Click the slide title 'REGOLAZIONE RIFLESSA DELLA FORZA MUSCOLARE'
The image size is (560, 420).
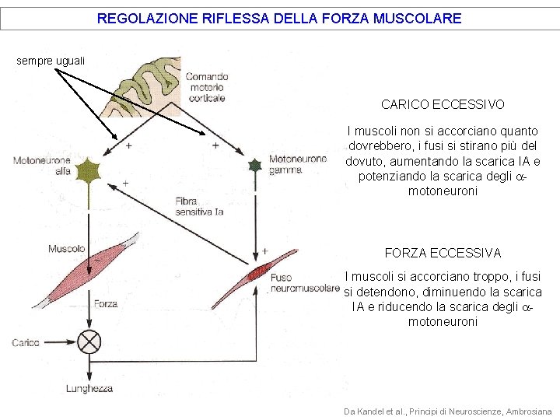click(x=279, y=18)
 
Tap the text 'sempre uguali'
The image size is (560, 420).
click(x=51, y=60)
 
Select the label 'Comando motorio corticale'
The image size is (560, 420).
click(x=206, y=87)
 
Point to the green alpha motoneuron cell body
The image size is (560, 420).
click(x=89, y=171)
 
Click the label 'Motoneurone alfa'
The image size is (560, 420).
click(x=42, y=166)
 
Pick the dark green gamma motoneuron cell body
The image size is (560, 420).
click(x=254, y=166)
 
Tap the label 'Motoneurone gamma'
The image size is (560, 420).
click(x=298, y=165)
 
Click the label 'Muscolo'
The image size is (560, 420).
click(x=66, y=249)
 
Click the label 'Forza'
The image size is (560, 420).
click(x=106, y=304)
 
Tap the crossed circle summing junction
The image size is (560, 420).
click(x=90, y=341)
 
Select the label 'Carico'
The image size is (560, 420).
click(x=26, y=342)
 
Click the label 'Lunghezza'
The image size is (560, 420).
click(x=89, y=388)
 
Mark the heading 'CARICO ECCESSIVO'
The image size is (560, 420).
click(x=443, y=104)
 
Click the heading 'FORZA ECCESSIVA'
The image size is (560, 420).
click(x=443, y=253)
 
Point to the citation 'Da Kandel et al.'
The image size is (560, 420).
click(x=447, y=411)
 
